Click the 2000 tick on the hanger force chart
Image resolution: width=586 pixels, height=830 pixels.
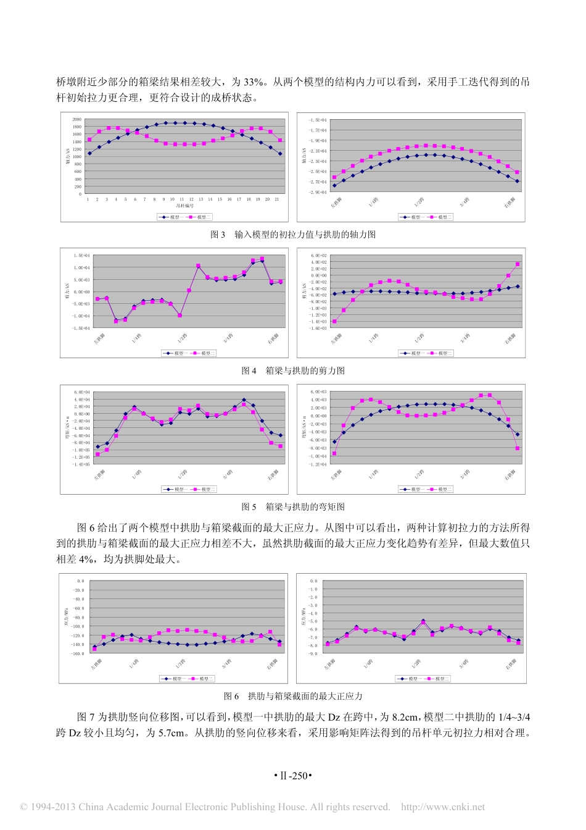pyautogui.click(x=77, y=119)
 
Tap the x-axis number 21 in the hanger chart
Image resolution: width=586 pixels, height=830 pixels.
pyautogui.click(x=277, y=199)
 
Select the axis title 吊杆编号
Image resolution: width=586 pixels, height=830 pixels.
pyautogui.click(x=184, y=206)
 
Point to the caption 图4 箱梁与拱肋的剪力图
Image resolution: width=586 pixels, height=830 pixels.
pyautogui.click(x=293, y=371)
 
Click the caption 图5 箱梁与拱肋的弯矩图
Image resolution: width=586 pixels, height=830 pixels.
pyautogui.click(x=293, y=507)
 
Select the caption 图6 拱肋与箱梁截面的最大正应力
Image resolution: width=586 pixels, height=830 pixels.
pyautogui.click(x=293, y=696)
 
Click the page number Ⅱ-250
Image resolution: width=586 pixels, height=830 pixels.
pyautogui.click(x=293, y=776)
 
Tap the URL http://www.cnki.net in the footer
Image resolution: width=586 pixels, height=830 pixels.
pyautogui.click(x=443, y=807)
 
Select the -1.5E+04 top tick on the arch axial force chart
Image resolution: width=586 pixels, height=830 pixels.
pyautogui.click(x=318, y=120)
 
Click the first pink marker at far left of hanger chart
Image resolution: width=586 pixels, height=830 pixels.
pyautogui.click(x=89, y=140)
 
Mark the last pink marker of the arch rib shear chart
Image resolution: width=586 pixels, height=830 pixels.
pyautogui.click(x=518, y=264)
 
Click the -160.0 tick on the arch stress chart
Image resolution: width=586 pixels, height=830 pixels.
pyautogui.click(x=78, y=653)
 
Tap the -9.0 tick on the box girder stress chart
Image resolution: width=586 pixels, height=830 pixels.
pyautogui.click(x=313, y=653)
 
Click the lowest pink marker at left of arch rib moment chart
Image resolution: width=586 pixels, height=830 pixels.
pyautogui.click(x=334, y=453)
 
